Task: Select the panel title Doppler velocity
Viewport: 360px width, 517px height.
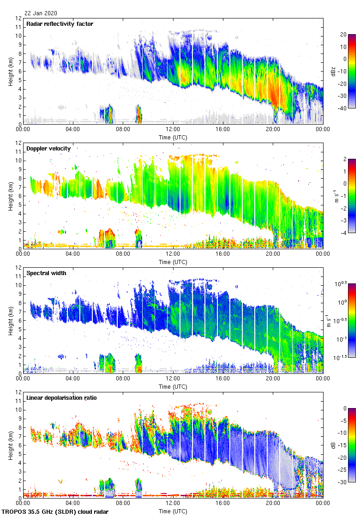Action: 48,148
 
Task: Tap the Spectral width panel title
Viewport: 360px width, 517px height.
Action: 46,273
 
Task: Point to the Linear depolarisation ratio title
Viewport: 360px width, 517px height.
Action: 61,397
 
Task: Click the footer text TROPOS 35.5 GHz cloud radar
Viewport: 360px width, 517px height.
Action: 56,512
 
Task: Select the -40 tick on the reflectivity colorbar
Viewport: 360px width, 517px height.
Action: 343,108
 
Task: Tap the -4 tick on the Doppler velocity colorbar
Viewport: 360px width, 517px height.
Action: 343,233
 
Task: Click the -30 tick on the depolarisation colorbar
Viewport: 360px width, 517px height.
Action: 343,482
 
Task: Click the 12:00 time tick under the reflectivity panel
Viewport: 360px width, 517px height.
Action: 173,130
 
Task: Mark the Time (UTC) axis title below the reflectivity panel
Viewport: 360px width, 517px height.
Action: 173,137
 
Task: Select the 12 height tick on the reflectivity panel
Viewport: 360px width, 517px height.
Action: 18,18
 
